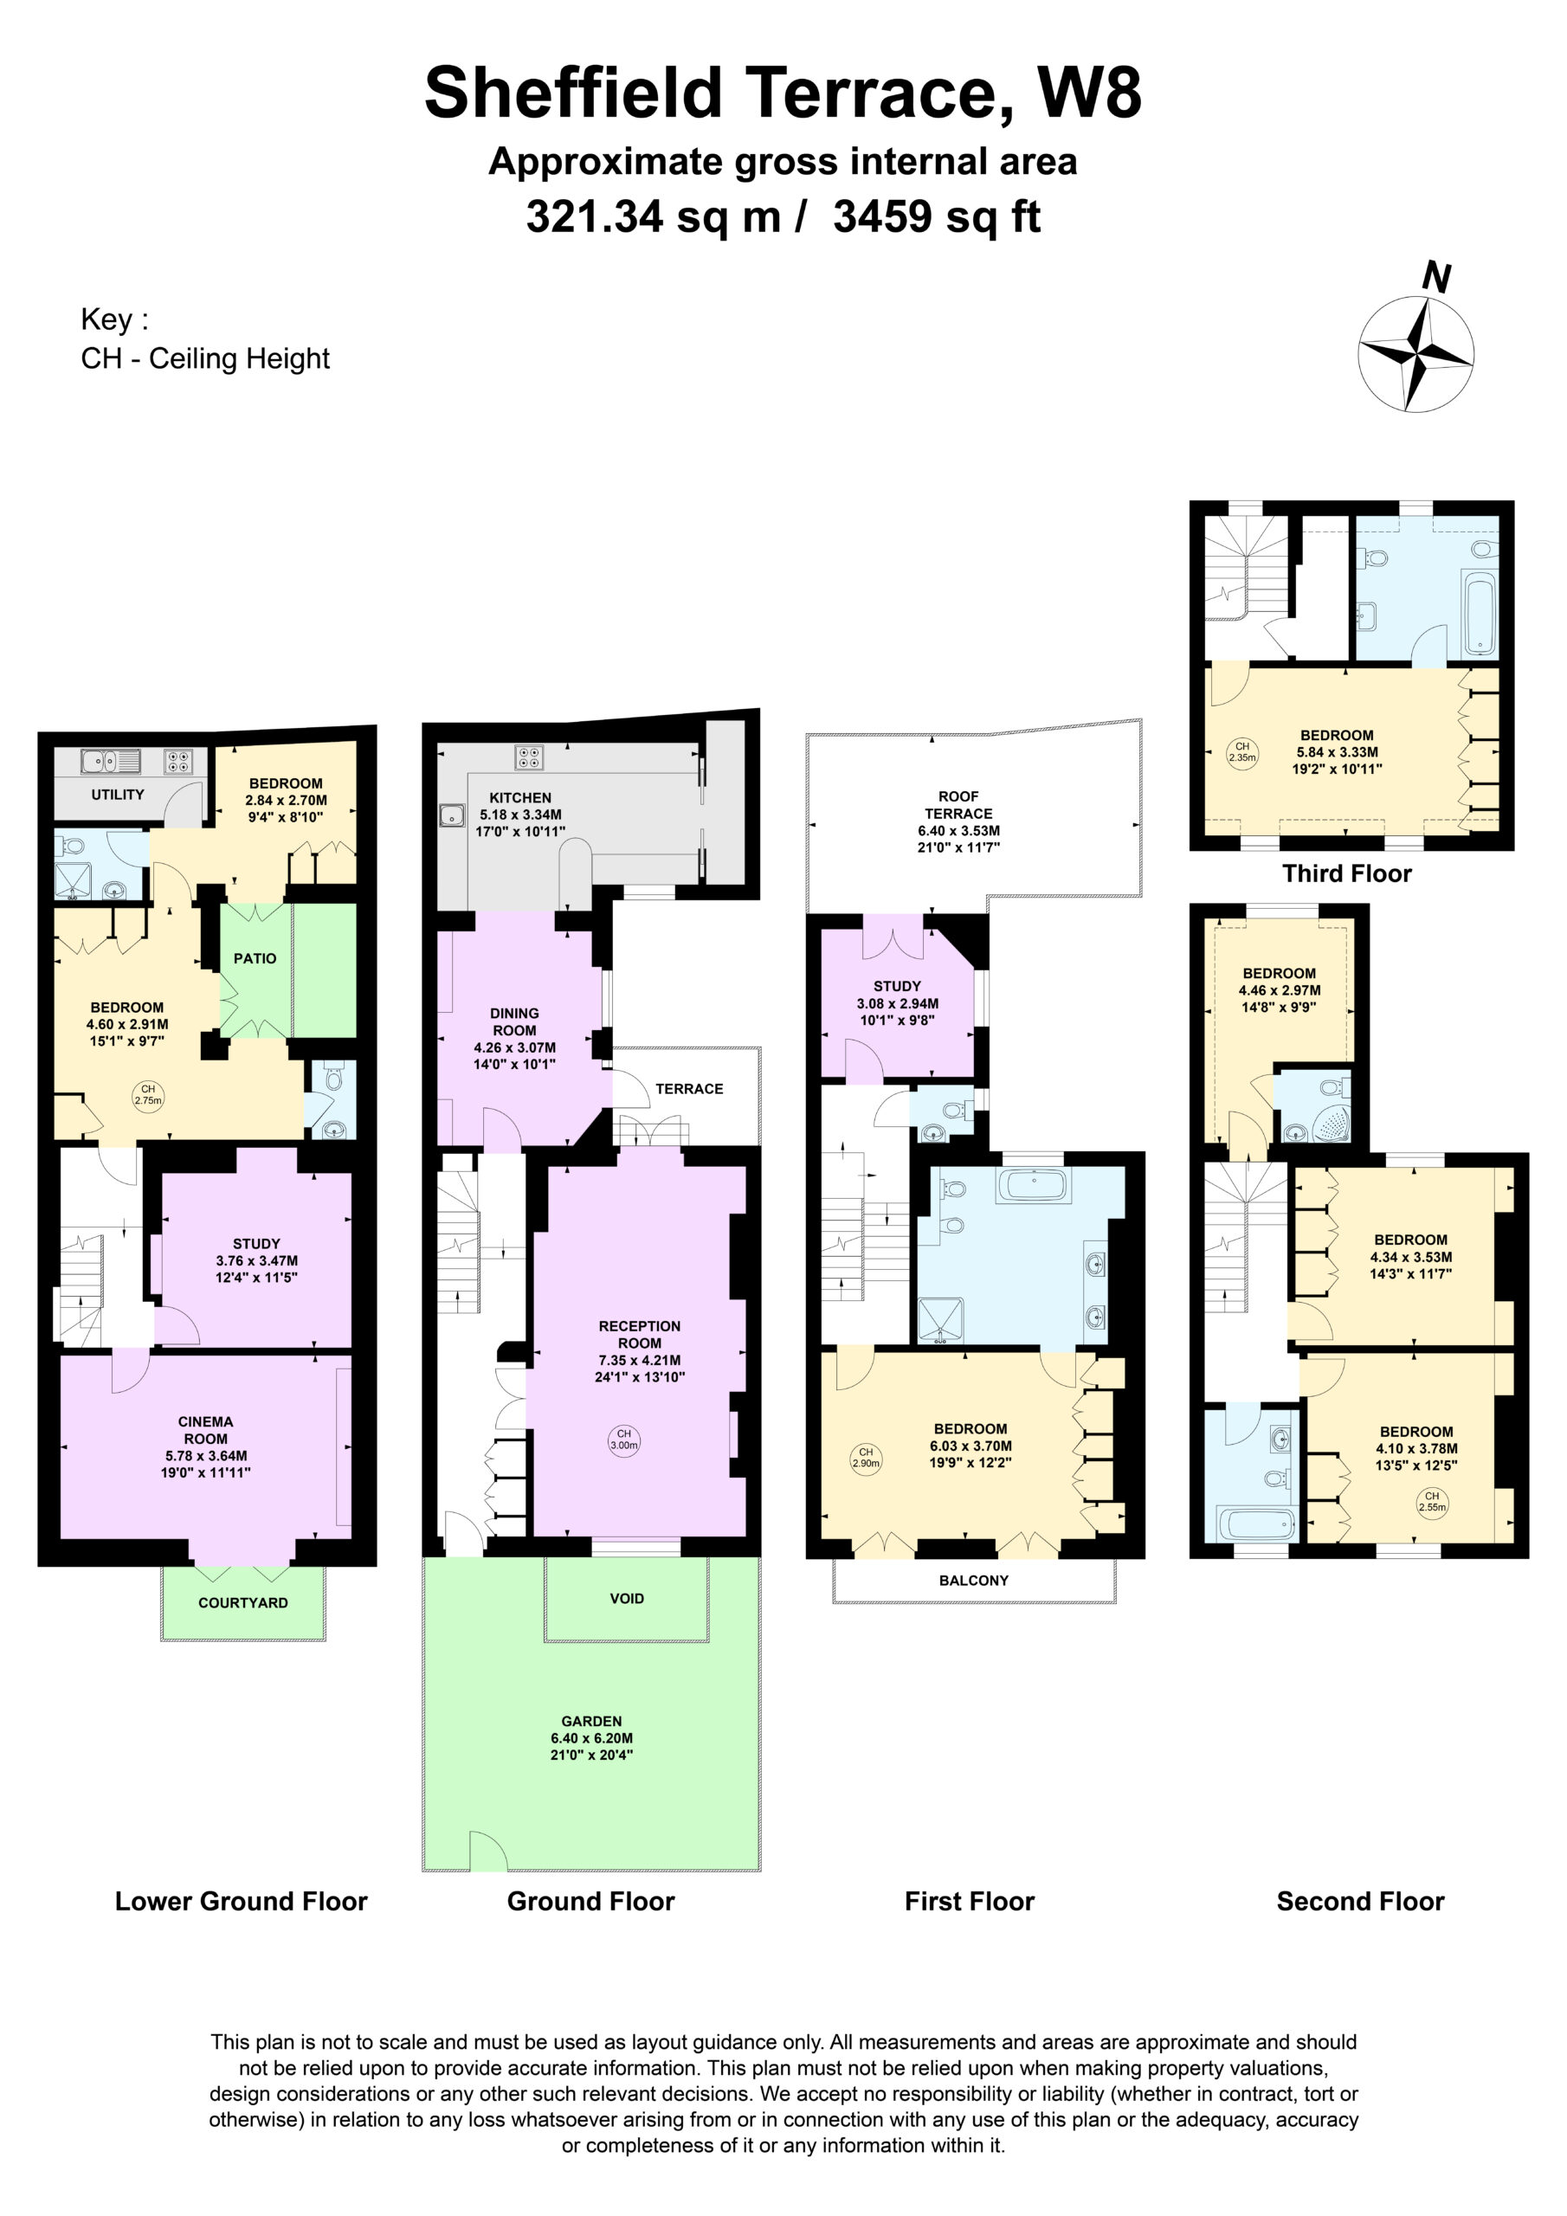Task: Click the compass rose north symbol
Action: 1415,352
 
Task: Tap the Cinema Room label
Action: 206,1429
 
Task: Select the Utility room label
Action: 118,795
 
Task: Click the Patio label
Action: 255,958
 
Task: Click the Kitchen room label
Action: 520,797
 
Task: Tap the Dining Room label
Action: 514,1022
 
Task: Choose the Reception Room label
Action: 639,1335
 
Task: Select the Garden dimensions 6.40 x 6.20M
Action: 592,1738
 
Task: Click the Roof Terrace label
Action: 958,805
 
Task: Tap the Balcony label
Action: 973,1580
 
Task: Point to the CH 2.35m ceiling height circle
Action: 1242,750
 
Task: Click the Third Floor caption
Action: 1347,873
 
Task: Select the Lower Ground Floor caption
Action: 242,1902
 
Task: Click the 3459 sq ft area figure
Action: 937,216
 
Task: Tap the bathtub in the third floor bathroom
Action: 1480,615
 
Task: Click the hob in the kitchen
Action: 528,757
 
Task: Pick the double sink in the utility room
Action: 110,762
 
